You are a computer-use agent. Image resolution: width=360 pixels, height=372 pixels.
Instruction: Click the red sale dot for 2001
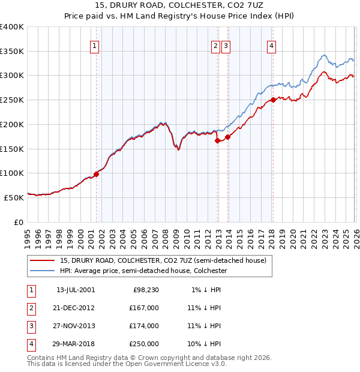click(x=96, y=174)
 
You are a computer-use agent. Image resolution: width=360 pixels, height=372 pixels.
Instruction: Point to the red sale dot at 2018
click(x=273, y=100)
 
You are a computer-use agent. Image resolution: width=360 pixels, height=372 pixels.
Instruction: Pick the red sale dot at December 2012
click(x=217, y=141)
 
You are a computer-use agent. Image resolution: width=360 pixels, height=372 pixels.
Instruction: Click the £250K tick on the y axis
click(x=11, y=100)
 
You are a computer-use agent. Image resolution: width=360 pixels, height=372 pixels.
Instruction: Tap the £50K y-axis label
click(x=13, y=197)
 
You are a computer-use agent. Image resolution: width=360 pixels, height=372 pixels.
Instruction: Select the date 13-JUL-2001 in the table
click(x=75, y=290)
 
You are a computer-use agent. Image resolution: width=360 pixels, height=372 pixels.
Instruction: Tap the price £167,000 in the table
click(x=144, y=308)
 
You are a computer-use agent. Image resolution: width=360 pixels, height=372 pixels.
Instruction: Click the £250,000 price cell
click(x=144, y=344)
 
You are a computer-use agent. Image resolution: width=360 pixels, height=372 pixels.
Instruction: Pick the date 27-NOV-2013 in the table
click(x=75, y=326)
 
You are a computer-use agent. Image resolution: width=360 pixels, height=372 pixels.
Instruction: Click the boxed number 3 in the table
click(x=31, y=326)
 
